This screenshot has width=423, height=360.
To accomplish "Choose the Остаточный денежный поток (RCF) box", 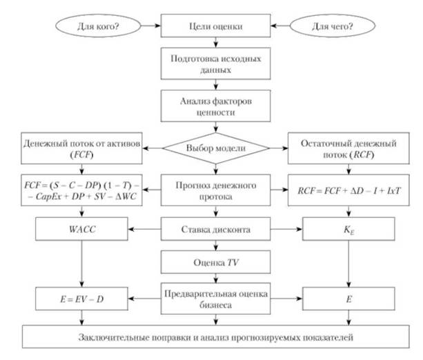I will (348, 149).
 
